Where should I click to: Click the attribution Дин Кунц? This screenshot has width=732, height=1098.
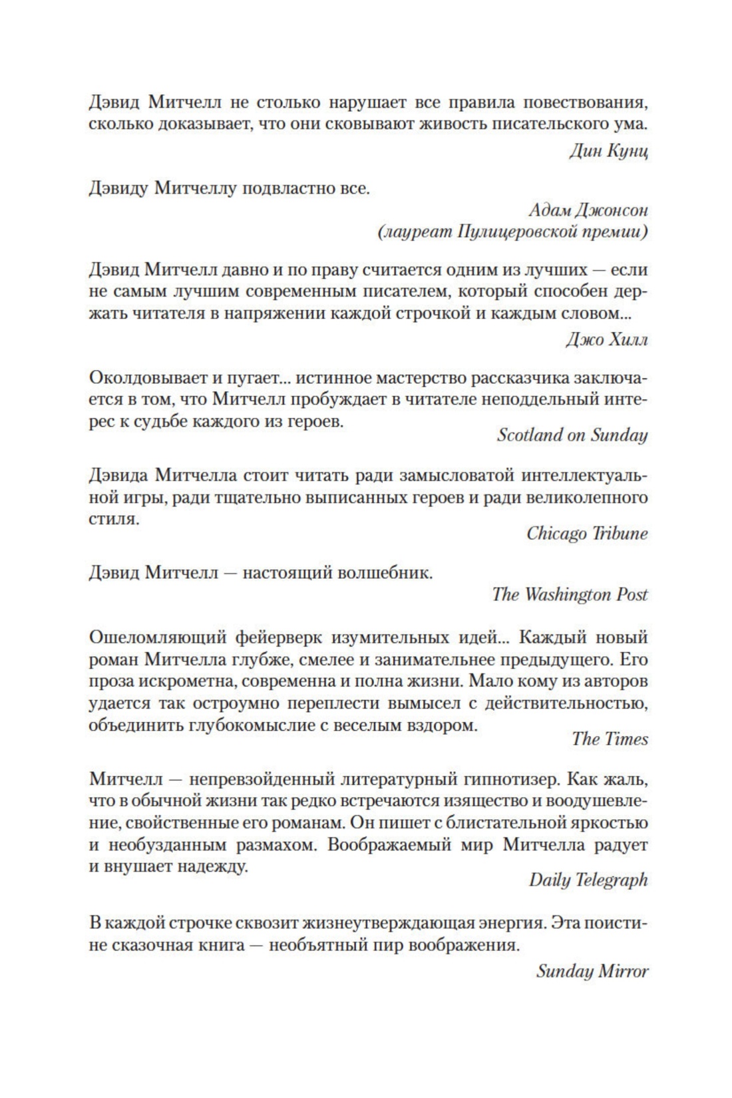tap(608, 151)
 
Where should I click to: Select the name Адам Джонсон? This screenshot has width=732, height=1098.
tap(588, 210)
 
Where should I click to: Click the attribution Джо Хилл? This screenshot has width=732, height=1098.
tap(606, 340)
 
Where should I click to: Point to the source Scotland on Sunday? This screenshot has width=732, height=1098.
tap(572, 435)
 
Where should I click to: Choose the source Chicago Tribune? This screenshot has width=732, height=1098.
tap(587, 534)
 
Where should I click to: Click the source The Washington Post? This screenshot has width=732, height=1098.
tap(570, 594)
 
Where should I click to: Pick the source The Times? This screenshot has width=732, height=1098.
tap(610, 739)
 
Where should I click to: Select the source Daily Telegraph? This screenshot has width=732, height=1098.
tap(588, 880)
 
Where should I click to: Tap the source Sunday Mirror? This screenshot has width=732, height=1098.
tap(592, 971)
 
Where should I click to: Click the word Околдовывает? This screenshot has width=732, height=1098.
tap(143, 378)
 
